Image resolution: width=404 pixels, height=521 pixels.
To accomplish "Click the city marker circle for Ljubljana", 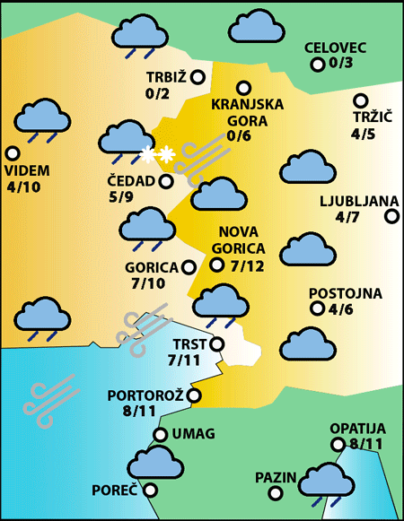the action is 391,216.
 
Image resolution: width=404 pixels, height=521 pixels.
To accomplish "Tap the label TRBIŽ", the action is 166,77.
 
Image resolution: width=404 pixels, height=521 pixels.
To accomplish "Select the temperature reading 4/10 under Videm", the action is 22,187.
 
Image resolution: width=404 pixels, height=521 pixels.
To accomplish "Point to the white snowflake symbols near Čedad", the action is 156,155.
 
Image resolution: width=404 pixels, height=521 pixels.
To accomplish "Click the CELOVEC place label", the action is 335,47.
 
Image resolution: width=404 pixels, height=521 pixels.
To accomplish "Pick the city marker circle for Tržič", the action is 361,101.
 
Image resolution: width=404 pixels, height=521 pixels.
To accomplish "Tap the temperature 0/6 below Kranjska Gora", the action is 240,135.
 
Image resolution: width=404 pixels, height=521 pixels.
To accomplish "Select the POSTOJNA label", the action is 346,293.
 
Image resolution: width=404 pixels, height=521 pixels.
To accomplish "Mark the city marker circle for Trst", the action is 215,343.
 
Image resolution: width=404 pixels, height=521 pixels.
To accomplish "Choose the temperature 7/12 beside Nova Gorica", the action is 247,265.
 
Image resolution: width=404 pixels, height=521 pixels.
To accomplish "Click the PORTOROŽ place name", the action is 145,395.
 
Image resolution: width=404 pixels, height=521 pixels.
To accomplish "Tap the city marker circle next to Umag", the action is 160,435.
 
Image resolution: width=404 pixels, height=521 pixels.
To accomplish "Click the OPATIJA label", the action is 357,428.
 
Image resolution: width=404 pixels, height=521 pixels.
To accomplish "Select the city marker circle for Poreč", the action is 150,491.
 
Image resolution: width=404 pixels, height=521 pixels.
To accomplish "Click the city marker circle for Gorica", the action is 189,266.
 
